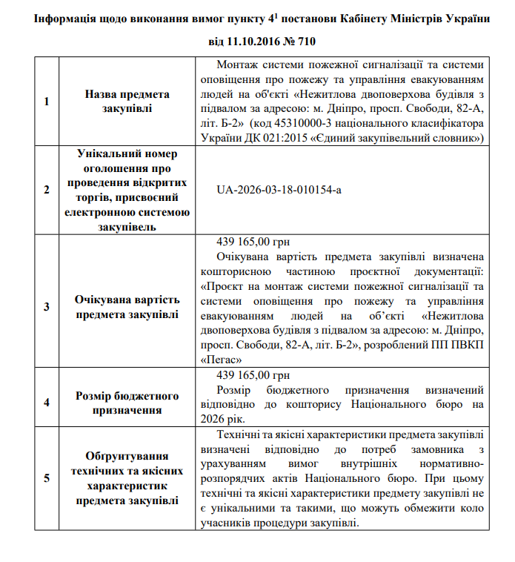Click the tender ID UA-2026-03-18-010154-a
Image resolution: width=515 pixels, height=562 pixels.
279,190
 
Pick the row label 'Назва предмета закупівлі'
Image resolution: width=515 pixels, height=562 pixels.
127,102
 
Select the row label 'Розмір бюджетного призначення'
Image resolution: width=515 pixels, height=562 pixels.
127,403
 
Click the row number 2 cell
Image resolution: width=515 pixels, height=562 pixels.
47,190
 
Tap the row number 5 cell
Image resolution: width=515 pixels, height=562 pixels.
47,478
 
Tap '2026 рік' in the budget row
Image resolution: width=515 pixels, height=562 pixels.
222,419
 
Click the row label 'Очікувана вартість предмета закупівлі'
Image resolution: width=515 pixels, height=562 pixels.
127,306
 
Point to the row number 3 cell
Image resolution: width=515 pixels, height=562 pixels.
47,306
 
